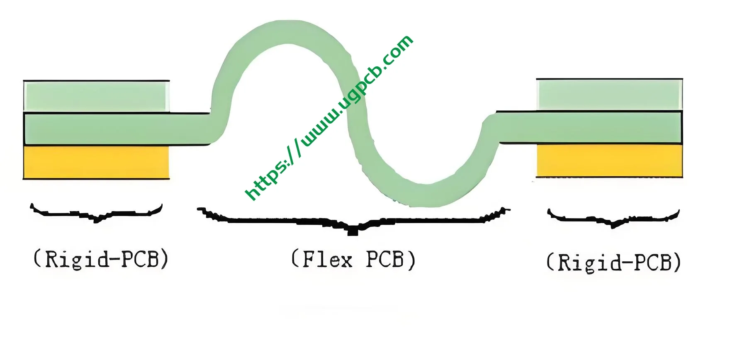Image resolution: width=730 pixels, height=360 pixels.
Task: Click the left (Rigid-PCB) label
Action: pos(101,259)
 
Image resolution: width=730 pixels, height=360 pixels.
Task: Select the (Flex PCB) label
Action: pos(353,260)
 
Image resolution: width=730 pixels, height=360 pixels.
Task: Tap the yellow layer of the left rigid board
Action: pos(96,162)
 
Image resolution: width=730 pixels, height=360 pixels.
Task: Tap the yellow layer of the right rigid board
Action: pos(609,160)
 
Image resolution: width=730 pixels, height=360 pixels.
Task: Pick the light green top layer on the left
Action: pos(96,96)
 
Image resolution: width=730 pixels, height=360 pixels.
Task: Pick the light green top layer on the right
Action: pos(609,95)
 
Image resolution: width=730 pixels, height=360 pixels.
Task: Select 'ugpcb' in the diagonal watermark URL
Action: pos(357,89)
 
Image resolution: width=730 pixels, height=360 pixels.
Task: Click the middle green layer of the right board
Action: pos(589,127)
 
